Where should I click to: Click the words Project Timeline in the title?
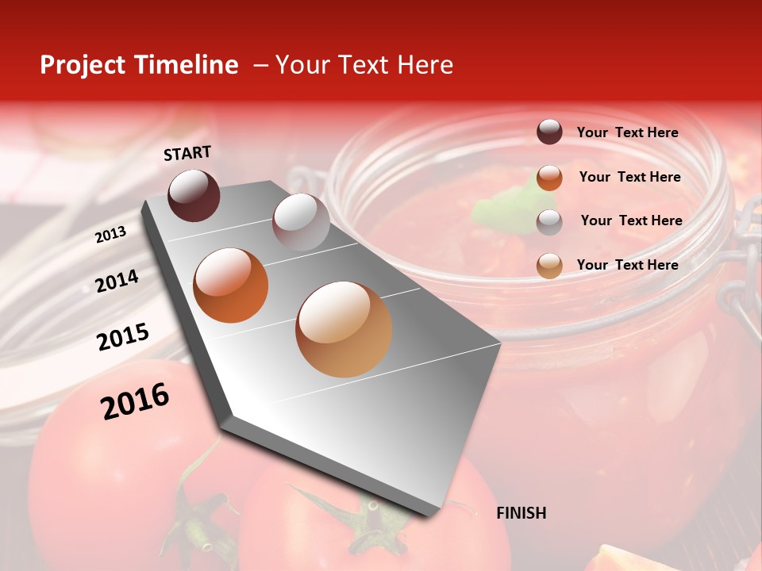point(139,65)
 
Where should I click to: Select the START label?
point(187,153)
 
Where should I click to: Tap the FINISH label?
point(521,513)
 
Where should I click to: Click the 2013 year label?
point(110,235)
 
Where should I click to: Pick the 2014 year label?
point(117,281)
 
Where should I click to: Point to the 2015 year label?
point(123,336)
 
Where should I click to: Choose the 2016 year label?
point(135,401)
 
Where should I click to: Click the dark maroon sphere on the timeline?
point(194,195)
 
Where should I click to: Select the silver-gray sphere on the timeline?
point(301,221)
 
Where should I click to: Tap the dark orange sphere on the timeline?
point(231,285)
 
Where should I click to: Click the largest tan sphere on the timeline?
point(344,328)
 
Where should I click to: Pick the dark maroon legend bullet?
point(549,132)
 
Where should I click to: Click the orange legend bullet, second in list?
point(549,177)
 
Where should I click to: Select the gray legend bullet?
point(549,221)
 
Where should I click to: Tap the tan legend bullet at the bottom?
point(549,265)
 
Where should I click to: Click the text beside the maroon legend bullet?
point(627,132)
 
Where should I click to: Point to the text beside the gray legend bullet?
point(631,220)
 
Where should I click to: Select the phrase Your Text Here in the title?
point(364,65)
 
